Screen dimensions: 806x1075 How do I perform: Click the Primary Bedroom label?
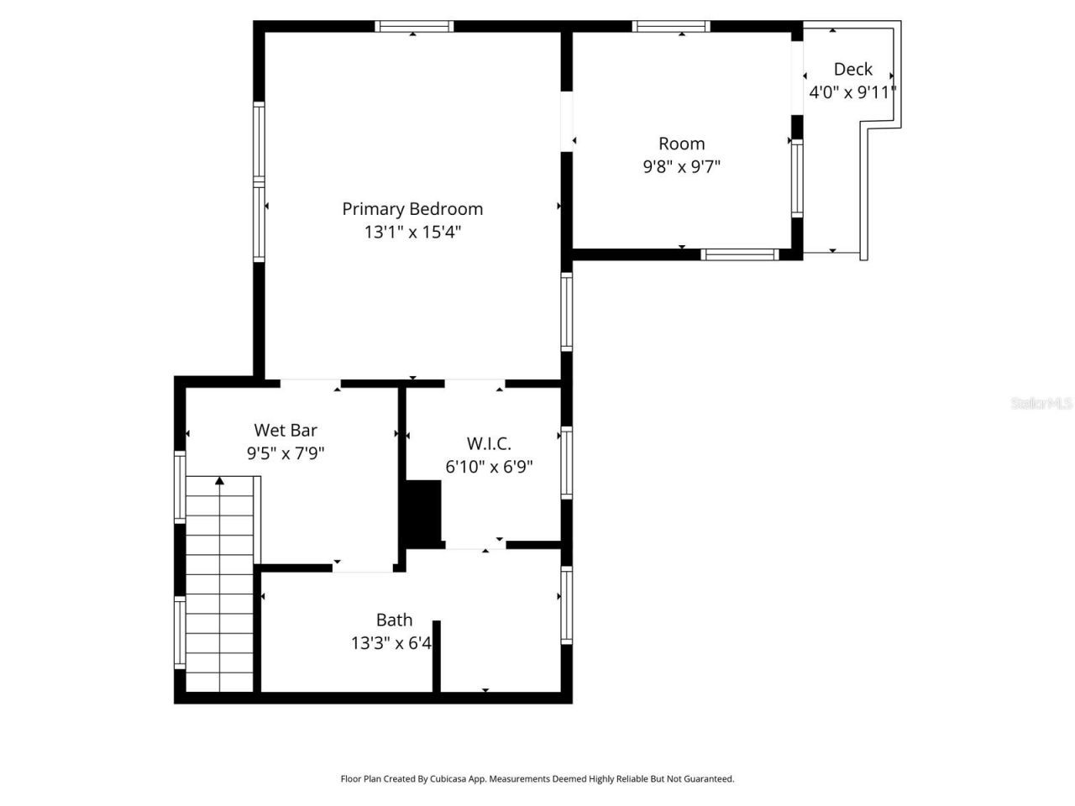pyautogui.click(x=412, y=209)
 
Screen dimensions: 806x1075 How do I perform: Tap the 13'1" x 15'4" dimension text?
pyautogui.click(x=412, y=233)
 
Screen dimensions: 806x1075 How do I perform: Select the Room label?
pyautogui.click(x=681, y=144)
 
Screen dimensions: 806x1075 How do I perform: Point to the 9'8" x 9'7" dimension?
pyautogui.click(x=681, y=166)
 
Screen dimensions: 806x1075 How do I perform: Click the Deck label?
pyautogui.click(x=852, y=70)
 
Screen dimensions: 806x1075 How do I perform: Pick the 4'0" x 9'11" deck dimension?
pyautogui.click(x=852, y=92)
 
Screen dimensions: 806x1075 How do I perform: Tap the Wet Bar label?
pyautogui.click(x=286, y=431)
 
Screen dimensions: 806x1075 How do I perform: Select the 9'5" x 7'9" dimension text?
pyautogui.click(x=286, y=453)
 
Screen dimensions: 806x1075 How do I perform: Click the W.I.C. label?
pyautogui.click(x=489, y=443)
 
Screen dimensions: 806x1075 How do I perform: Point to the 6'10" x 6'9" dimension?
pyautogui.click(x=489, y=467)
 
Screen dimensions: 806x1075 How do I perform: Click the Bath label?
pyautogui.click(x=394, y=620)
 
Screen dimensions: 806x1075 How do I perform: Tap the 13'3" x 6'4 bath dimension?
pyautogui.click(x=391, y=643)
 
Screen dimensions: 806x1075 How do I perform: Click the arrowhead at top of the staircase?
pyautogui.click(x=219, y=481)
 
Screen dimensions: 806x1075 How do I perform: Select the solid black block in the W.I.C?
pyautogui.click(x=423, y=513)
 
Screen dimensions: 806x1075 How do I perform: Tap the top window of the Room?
pyautogui.click(x=671, y=26)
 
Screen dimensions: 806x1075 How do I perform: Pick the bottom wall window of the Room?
pyautogui.click(x=740, y=254)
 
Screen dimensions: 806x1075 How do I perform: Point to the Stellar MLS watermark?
pyautogui.click(x=1041, y=404)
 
